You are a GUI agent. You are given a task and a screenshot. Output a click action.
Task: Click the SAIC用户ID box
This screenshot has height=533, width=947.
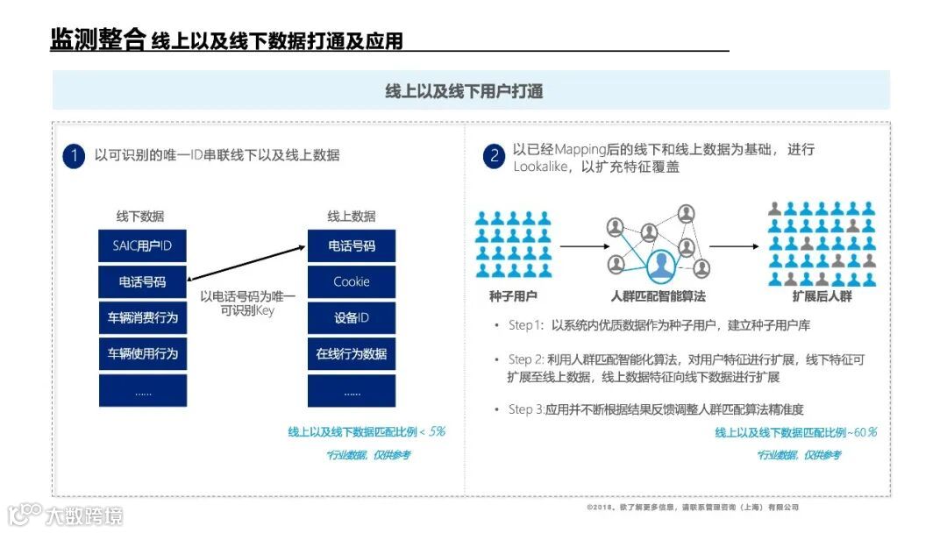[142, 246]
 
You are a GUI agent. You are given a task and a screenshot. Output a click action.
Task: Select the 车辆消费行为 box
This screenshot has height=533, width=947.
[142, 317]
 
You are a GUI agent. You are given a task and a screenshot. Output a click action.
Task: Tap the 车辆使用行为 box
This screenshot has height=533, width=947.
[142, 353]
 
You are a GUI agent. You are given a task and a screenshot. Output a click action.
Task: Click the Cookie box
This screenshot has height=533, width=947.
[352, 282]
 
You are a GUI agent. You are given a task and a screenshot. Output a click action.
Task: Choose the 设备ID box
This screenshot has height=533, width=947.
[352, 317]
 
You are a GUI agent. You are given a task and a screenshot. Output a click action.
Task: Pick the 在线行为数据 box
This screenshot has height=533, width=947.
[352, 353]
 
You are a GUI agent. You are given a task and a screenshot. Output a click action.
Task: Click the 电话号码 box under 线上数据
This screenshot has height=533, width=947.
[352, 246]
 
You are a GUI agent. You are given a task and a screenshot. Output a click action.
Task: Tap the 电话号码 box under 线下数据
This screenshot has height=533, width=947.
[142, 282]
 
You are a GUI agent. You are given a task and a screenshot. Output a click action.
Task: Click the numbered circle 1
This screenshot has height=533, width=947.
[74, 156]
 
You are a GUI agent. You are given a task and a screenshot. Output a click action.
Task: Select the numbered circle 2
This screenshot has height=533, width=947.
[495, 157]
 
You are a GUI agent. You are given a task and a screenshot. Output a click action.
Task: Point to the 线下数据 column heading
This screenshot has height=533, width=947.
[140, 217]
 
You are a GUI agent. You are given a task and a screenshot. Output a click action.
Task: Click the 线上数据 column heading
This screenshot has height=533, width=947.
[352, 217]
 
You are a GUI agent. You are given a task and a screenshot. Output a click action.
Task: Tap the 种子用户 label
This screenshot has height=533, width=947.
[513, 297]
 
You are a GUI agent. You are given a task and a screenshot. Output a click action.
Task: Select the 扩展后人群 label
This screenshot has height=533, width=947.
[822, 297]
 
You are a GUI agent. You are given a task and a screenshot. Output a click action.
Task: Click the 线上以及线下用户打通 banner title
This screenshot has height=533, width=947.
[464, 91]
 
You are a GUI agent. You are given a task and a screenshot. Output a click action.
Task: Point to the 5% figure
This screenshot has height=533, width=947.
[437, 431]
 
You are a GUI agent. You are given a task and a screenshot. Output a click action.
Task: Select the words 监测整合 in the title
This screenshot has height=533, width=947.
[97, 40]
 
